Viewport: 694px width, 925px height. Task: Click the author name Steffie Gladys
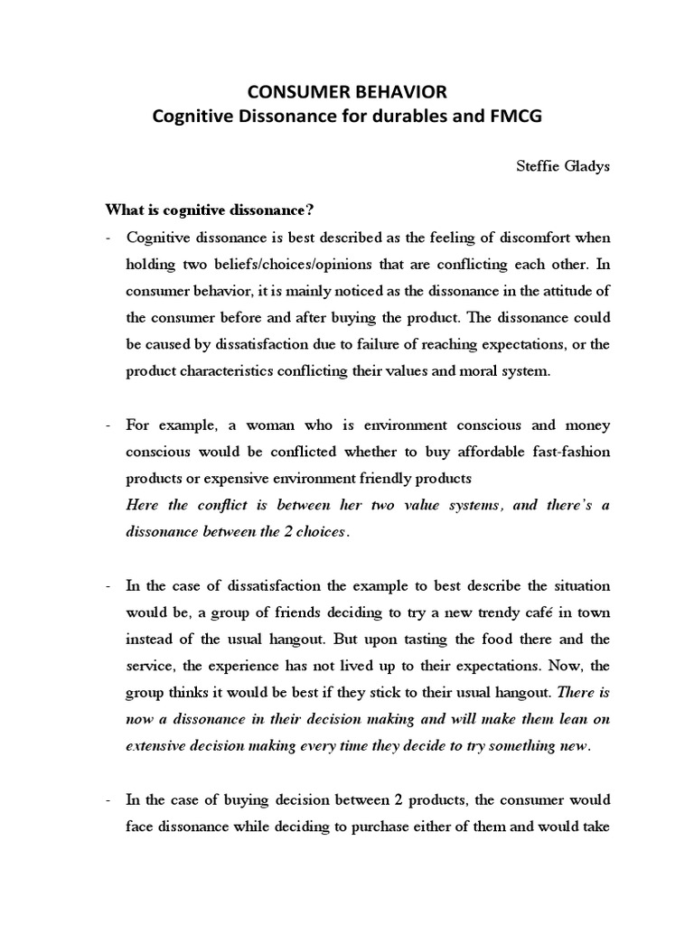[x=563, y=167]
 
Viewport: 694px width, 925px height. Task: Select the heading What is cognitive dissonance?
[x=209, y=211]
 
